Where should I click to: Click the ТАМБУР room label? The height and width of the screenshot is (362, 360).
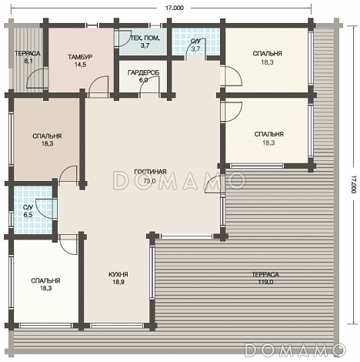pyautogui.click(x=80, y=57)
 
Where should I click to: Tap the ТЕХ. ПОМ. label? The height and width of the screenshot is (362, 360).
pyautogui.click(x=145, y=39)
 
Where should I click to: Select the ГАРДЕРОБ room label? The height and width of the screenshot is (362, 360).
pyautogui.click(x=143, y=72)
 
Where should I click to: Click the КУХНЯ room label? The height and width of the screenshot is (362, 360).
pyautogui.click(x=118, y=274)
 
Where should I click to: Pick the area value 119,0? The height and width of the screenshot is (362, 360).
pyautogui.click(x=265, y=282)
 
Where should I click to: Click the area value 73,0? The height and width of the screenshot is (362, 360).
pyautogui.click(x=149, y=181)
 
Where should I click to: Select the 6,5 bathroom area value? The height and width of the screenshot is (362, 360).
pyautogui.click(x=28, y=215)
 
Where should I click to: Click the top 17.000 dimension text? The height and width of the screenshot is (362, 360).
pyautogui.click(x=175, y=8)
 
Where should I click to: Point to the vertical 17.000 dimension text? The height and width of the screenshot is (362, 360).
pyautogui.click(x=354, y=185)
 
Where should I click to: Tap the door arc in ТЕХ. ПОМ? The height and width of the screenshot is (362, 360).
pyautogui.click(x=124, y=39)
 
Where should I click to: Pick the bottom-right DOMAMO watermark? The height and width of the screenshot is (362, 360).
pyautogui.click(x=295, y=350)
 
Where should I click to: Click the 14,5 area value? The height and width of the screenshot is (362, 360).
pyautogui.click(x=80, y=65)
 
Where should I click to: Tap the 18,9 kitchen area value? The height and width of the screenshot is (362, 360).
pyautogui.click(x=118, y=282)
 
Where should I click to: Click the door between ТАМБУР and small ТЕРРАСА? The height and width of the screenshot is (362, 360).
pyautogui.click(x=36, y=78)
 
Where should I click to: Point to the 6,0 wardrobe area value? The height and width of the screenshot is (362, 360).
pyautogui.click(x=143, y=80)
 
